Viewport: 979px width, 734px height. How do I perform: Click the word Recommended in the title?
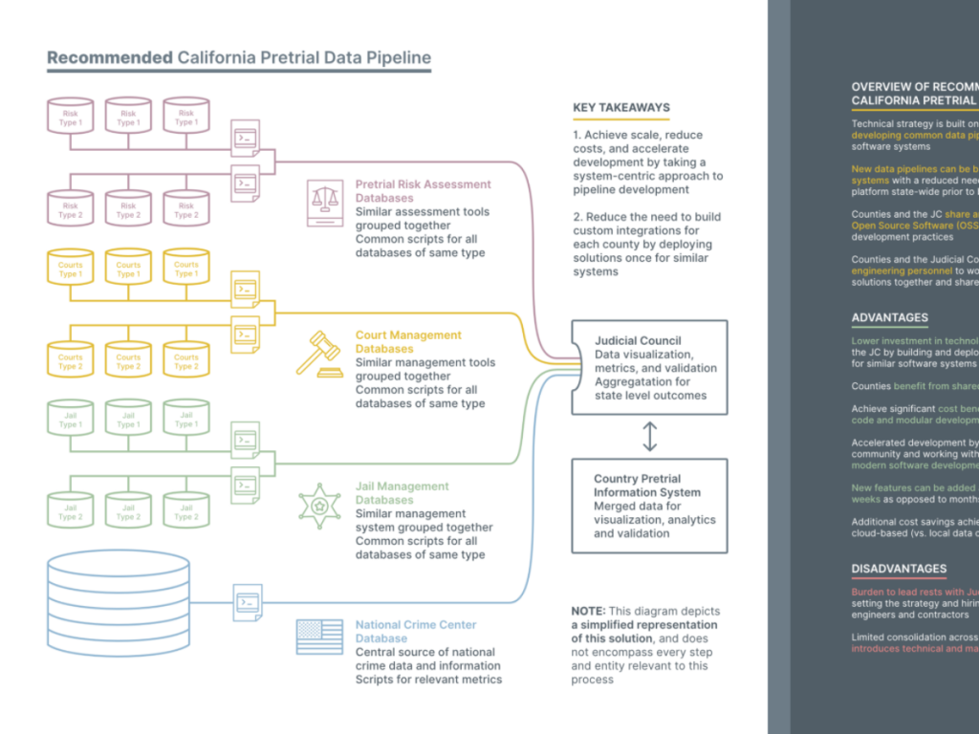[109, 57]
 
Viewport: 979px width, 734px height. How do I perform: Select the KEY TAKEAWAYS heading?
[621, 108]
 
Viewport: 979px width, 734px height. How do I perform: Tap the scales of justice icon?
[325, 201]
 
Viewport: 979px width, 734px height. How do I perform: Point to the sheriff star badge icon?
[320, 506]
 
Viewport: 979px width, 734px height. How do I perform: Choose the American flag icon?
[319, 634]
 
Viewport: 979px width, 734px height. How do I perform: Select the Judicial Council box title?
[638, 340]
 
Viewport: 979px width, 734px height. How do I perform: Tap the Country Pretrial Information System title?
[646, 486]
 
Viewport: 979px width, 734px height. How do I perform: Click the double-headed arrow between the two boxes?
[650, 436]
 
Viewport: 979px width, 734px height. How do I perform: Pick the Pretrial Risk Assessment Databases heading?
[423, 191]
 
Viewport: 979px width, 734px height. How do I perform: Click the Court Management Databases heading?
[408, 342]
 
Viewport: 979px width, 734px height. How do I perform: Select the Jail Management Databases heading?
[402, 493]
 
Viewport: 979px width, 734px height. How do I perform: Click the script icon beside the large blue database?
[247, 603]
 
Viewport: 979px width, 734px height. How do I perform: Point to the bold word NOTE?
[587, 612]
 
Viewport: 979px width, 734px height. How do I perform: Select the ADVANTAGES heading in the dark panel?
[889, 318]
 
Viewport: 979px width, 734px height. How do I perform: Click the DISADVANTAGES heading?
[899, 569]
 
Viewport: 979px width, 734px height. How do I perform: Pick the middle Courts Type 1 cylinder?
[128, 269]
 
